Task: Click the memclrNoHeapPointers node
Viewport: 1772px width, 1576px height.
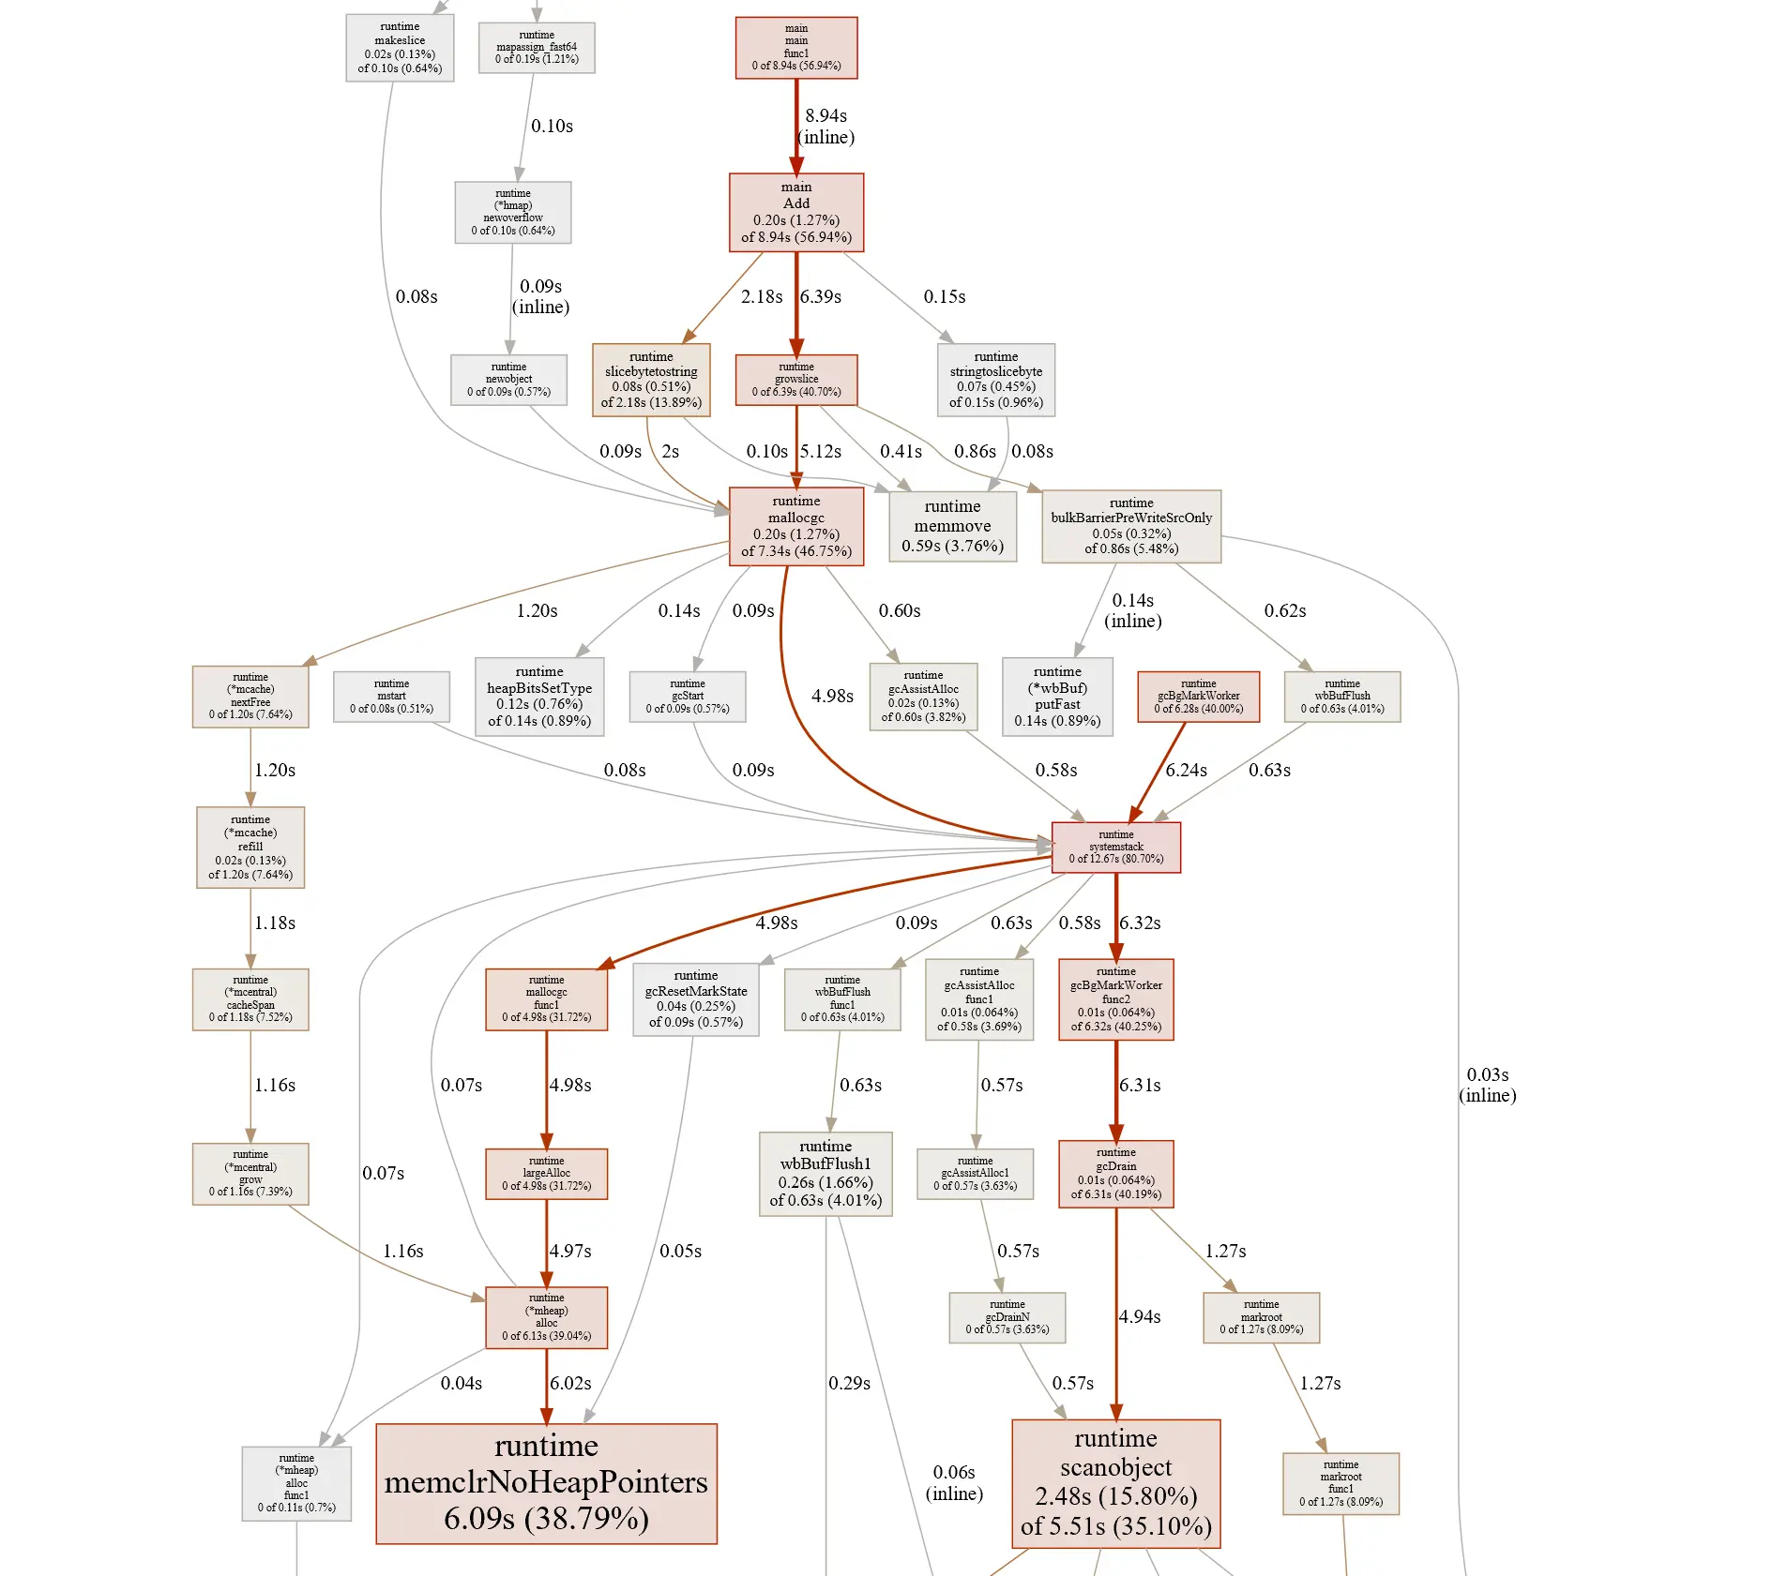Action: tap(546, 1482)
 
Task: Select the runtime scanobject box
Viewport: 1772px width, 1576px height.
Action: tap(1115, 1482)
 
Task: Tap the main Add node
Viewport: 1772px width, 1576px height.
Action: tap(796, 212)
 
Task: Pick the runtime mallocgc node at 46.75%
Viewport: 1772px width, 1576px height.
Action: tap(796, 526)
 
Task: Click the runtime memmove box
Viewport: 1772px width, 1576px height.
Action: tap(952, 526)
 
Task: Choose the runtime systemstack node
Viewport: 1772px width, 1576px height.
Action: tap(1115, 847)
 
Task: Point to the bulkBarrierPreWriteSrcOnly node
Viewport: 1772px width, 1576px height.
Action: tap(1131, 526)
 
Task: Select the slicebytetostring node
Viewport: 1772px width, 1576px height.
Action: tap(651, 380)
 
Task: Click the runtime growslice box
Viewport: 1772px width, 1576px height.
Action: tap(796, 380)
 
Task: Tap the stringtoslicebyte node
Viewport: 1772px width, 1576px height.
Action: tap(995, 380)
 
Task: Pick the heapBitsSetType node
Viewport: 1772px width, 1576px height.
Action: tap(539, 697)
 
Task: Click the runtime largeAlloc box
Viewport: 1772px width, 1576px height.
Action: tap(546, 1174)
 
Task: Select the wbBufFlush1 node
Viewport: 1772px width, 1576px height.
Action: tap(825, 1174)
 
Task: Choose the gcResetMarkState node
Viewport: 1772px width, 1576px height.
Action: tap(696, 999)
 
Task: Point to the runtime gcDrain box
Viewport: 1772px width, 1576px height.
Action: tap(1115, 1174)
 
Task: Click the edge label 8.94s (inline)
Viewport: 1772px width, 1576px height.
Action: tap(826, 127)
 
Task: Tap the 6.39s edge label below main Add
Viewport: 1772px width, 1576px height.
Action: tap(821, 297)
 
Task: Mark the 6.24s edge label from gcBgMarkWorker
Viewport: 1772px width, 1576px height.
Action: tap(1187, 771)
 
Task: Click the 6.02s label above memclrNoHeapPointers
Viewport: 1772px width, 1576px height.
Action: tap(570, 1384)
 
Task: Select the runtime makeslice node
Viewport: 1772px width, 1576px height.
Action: tap(400, 48)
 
